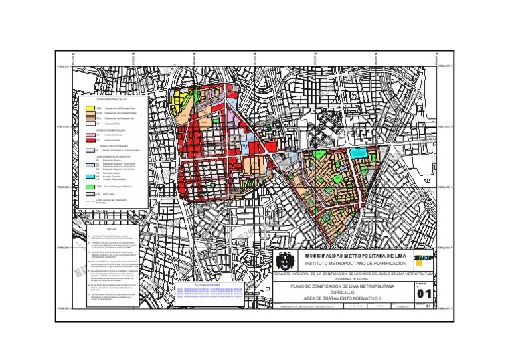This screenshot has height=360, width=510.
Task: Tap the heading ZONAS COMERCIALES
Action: click(x=111, y=130)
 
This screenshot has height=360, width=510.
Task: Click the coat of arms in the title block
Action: click(x=284, y=260)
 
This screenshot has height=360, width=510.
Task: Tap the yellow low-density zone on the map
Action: click(x=178, y=103)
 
